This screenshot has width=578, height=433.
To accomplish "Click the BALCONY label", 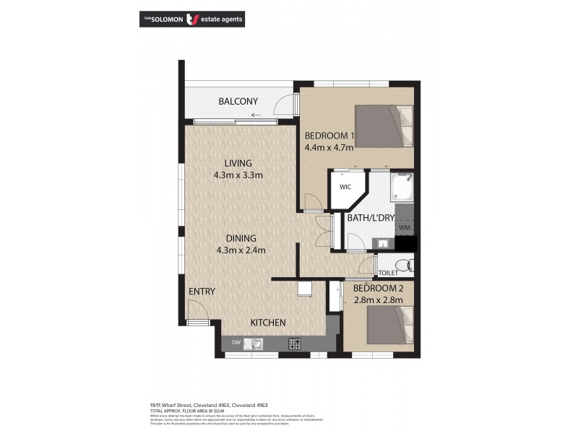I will (x=238, y=102).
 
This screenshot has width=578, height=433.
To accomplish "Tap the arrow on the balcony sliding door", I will (x=255, y=115).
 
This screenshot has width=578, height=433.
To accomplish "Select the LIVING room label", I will (x=237, y=162).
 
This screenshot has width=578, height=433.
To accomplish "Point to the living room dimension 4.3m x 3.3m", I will (x=238, y=175).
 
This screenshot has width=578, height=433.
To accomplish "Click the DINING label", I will (x=241, y=238).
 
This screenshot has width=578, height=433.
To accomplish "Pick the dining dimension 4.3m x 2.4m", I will (x=241, y=250).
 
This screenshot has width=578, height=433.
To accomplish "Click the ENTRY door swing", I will (x=195, y=312).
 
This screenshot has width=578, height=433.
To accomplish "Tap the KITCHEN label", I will (x=268, y=323).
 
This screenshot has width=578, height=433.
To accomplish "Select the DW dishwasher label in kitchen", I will (x=236, y=343).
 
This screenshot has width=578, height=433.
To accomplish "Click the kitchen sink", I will (x=254, y=344).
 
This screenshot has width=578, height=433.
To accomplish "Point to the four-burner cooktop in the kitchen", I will (x=294, y=343).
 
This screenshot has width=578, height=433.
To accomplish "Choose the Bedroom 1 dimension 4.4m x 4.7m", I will (x=329, y=148).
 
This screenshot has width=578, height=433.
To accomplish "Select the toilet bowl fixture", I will (x=405, y=266).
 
